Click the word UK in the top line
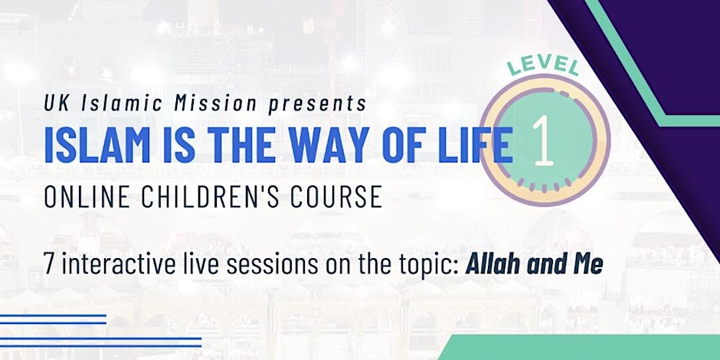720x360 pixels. click(x=57, y=103)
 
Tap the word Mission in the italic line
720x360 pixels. click(x=215, y=103)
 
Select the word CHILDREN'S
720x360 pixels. click(x=218, y=197)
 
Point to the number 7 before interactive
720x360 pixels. click(x=49, y=265)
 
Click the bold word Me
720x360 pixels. click(x=587, y=265)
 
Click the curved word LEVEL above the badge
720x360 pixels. click(x=543, y=65)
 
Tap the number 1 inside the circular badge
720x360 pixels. click(x=543, y=139)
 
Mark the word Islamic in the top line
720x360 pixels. click(x=123, y=103)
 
